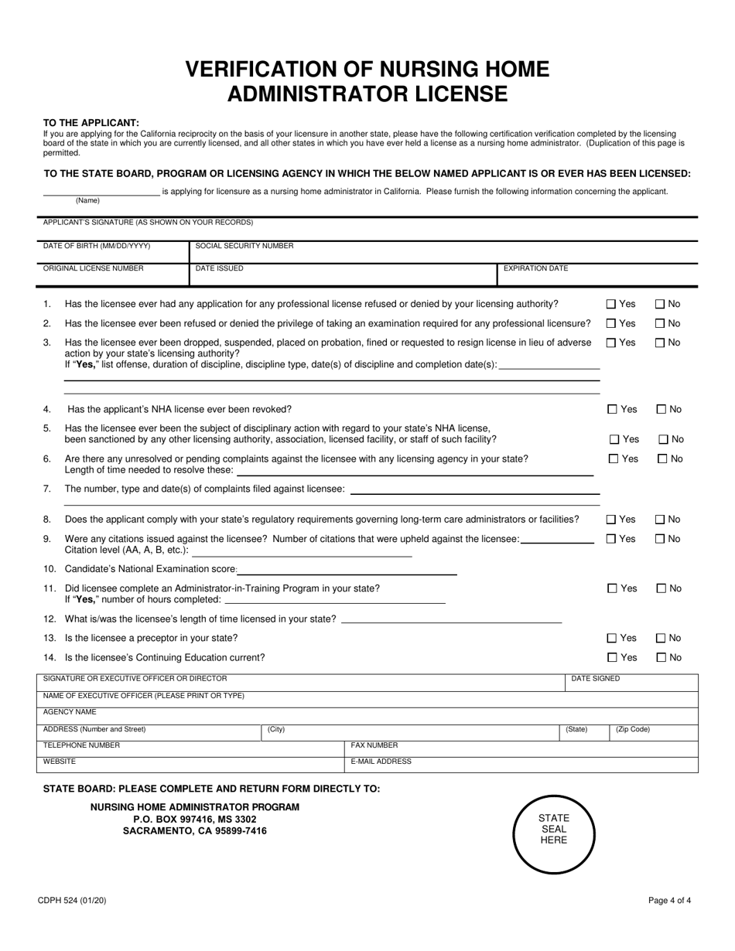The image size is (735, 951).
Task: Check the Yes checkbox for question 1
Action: [x=611, y=304]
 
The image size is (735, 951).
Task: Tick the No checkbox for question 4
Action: [x=662, y=409]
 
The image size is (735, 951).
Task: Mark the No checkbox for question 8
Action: [x=661, y=520]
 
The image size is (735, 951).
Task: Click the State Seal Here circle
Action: [x=553, y=830]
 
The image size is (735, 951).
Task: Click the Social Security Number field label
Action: [x=244, y=246]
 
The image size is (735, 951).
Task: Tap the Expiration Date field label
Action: [x=535, y=268]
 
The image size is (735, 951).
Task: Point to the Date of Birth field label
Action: [x=97, y=246]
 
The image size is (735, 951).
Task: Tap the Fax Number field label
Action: [x=374, y=745]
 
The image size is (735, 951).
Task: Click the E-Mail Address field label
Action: [x=381, y=762]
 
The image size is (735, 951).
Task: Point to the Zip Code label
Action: [x=632, y=729]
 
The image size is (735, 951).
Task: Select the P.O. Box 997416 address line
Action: [x=195, y=819]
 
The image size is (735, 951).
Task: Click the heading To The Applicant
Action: [x=91, y=122]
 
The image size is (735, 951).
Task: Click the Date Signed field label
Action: [x=595, y=679]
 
